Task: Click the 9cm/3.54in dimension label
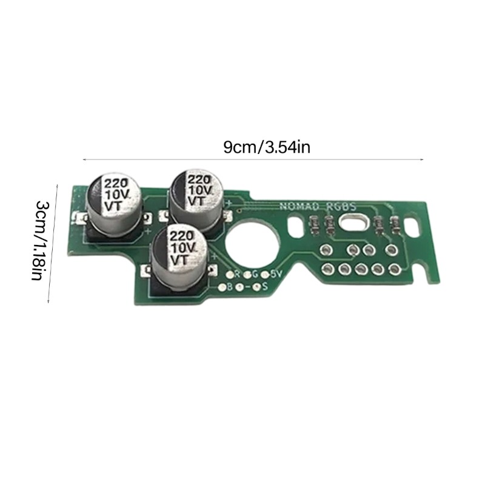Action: click(267, 147)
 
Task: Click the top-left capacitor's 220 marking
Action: click(115, 183)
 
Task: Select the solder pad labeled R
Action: click(230, 274)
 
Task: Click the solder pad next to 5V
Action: click(266, 274)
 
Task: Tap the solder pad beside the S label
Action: click(257, 286)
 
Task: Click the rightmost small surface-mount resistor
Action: click(395, 226)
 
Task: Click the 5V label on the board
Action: click(276, 274)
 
